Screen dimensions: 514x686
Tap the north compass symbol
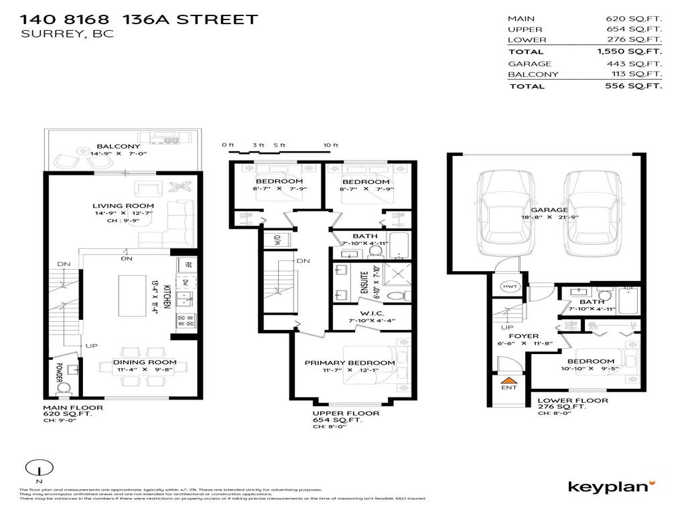38,469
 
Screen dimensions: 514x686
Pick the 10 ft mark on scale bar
330,145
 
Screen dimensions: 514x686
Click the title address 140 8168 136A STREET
139,19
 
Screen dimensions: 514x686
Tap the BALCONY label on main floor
118,147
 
